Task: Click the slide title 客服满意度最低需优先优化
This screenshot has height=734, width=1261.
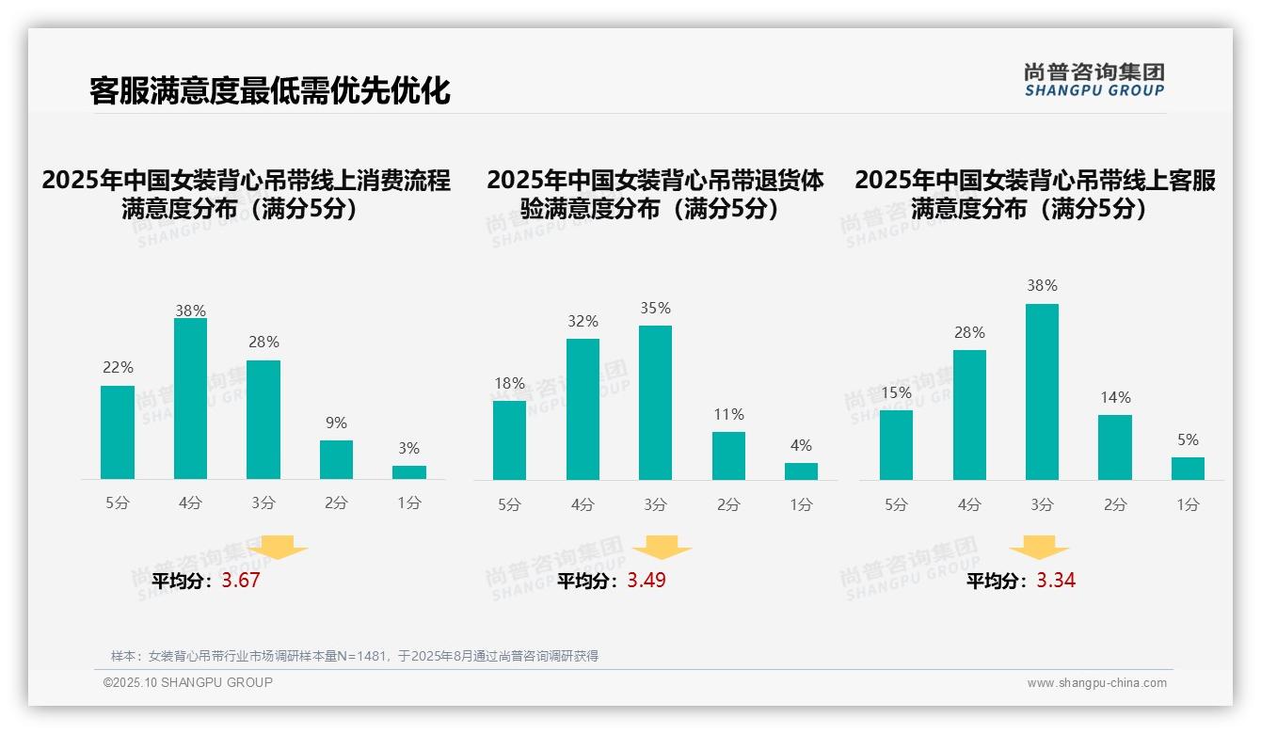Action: point(269,90)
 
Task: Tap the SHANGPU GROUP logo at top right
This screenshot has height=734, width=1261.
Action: point(1093,79)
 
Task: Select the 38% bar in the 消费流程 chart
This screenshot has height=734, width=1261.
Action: point(190,399)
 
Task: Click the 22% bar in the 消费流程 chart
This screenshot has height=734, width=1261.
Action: point(118,433)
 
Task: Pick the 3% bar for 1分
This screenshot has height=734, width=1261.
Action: point(409,472)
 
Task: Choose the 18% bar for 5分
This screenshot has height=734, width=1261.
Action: point(509,440)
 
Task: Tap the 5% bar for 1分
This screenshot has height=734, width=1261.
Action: point(1188,469)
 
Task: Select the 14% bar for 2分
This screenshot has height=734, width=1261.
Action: point(1115,447)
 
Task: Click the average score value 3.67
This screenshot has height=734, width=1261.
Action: point(241,581)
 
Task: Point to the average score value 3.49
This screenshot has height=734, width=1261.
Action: point(646,581)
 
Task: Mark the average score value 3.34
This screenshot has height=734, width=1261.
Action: point(1056,581)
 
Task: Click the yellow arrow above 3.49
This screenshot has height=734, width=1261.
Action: point(662,548)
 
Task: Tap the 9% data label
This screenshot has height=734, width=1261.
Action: point(336,423)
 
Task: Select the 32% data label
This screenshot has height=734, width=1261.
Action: point(583,322)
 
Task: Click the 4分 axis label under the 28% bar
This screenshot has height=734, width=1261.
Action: point(969,504)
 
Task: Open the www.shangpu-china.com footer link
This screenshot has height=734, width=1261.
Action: point(1096,683)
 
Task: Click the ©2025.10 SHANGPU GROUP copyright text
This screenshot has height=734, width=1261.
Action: point(188,682)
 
